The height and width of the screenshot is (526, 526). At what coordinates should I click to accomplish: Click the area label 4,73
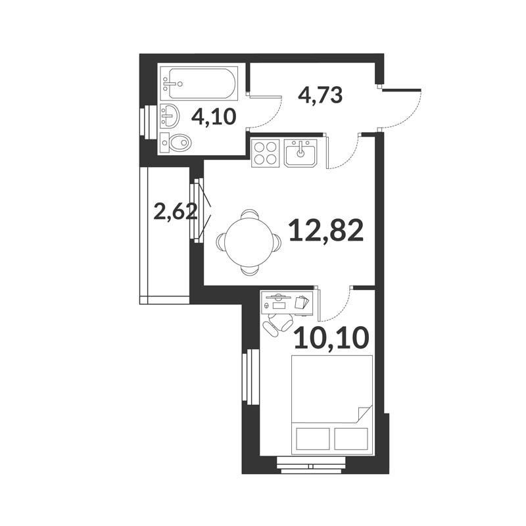pos(320,95)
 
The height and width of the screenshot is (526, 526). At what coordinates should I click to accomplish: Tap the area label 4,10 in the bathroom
pos(214,117)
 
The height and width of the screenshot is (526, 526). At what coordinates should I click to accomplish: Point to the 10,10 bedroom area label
pos(331,337)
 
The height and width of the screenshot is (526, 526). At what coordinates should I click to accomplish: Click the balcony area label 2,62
pos(175,212)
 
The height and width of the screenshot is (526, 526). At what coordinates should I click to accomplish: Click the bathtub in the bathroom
pos(200,84)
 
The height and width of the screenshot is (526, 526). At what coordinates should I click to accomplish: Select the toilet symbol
pos(176,143)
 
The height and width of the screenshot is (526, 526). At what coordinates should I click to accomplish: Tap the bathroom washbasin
pos(170,116)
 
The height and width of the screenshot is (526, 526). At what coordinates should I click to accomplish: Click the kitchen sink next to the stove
pos(300,153)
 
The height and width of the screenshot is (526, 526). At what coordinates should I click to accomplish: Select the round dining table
pos(249,243)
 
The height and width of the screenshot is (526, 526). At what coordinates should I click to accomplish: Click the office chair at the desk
pos(277,323)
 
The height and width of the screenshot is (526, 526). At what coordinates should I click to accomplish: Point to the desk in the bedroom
pos(287,302)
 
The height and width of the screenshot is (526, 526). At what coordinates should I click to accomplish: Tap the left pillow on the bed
pos(313,439)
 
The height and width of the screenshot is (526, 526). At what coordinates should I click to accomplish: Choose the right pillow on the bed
pos(351,439)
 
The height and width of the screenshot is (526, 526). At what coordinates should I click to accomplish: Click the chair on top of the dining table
pos(250,214)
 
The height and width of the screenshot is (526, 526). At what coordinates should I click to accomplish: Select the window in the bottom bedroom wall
pos(311,466)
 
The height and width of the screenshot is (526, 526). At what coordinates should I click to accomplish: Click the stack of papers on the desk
pos(302,302)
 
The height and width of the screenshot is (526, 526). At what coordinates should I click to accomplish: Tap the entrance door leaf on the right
pos(401,89)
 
